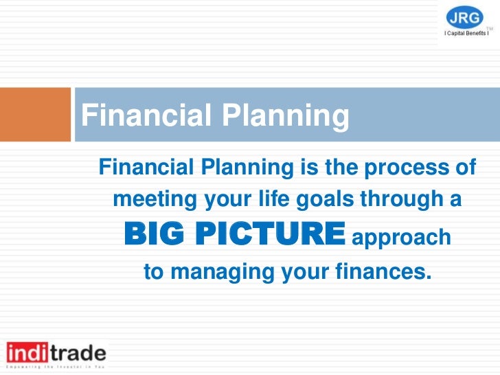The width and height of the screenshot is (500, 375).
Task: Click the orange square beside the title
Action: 35,114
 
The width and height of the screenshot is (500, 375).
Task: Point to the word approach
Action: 401,238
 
